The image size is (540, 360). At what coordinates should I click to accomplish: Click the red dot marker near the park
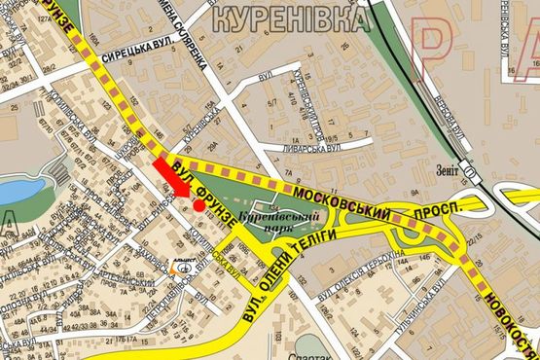click(x=198, y=205)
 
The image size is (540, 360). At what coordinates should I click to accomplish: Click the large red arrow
click(x=171, y=179)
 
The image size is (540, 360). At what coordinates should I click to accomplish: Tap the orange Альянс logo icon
click(x=181, y=264)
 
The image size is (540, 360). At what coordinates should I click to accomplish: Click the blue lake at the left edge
click(x=21, y=192)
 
